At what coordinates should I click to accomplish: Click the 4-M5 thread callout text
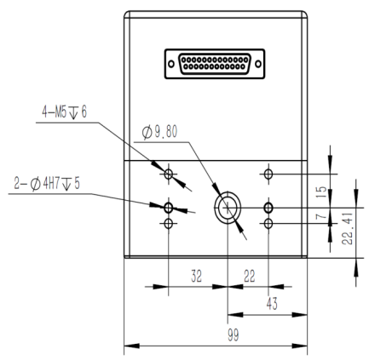click(x=64, y=111)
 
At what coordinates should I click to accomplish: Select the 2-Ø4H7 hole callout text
click(x=47, y=184)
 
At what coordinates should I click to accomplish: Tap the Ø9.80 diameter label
click(x=159, y=132)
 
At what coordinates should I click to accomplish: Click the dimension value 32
click(x=196, y=276)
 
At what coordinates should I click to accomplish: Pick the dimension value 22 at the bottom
click(x=249, y=276)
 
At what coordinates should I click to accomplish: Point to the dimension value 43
click(x=272, y=304)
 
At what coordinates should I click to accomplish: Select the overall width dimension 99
click(x=234, y=335)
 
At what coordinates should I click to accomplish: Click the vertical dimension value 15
click(x=321, y=192)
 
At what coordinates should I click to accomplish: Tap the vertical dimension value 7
click(x=321, y=216)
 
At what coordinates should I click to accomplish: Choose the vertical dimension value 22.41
click(x=347, y=229)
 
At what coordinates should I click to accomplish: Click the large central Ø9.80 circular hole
click(x=228, y=208)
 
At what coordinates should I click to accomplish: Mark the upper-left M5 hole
click(x=169, y=174)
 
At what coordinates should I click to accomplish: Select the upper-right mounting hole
click(x=268, y=174)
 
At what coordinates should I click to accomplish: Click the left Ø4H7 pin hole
click(x=169, y=208)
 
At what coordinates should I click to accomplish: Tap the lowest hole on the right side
click(x=268, y=224)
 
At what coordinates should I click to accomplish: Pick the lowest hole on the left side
click(x=169, y=224)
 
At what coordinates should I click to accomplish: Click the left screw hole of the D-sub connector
click(x=171, y=64)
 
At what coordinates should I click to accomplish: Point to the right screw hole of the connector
click(x=258, y=64)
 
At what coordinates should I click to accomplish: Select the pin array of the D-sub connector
click(x=215, y=64)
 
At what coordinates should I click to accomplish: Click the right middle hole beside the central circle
click(x=268, y=208)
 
